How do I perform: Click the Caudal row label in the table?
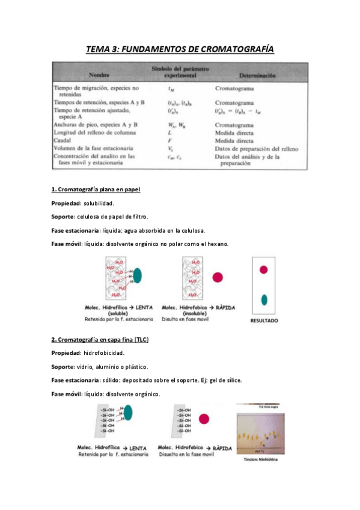point(64,140)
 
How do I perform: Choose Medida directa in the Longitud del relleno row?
point(236,132)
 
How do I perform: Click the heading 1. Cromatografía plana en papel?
point(96,189)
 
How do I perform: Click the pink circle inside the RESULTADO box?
point(263,270)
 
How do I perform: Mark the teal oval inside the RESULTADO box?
point(263,300)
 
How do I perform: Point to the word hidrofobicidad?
point(103,353)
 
